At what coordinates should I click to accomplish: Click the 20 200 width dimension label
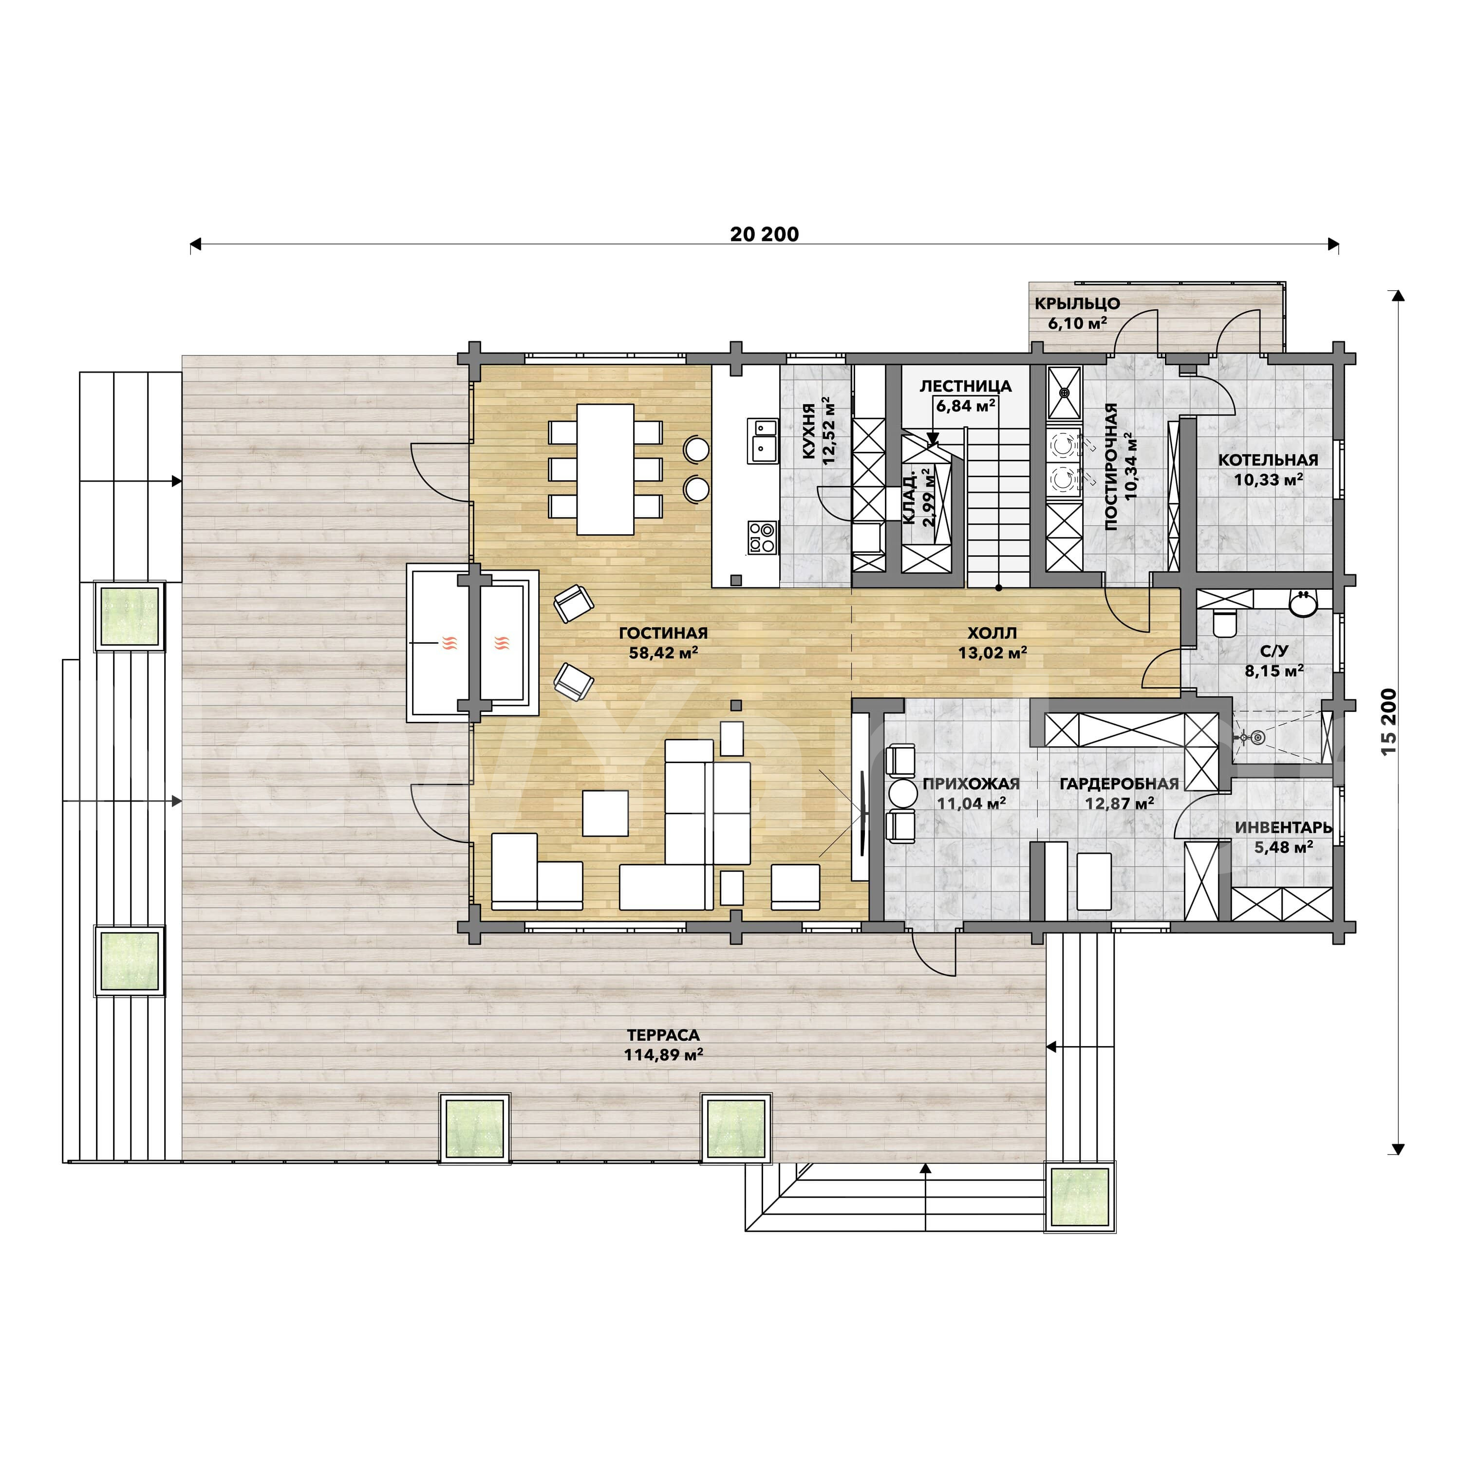[765, 234]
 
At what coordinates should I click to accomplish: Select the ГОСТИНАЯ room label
[663, 633]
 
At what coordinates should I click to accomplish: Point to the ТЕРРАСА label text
[663, 1034]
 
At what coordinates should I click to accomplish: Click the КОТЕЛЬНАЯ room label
[1268, 460]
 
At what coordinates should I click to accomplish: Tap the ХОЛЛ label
[992, 633]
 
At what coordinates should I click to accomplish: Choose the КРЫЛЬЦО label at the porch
[1078, 303]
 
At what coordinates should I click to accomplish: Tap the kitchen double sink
[763, 441]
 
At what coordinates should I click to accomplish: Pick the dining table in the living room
[605, 469]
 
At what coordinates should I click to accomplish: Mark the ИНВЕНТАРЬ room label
[1283, 828]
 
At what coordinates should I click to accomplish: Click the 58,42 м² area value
[663, 653]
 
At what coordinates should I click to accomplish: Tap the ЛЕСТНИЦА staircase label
[966, 386]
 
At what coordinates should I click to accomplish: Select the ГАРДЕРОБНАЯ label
[1119, 784]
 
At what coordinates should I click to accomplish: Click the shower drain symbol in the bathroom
[1257, 736]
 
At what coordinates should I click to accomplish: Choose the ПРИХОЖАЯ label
[971, 784]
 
